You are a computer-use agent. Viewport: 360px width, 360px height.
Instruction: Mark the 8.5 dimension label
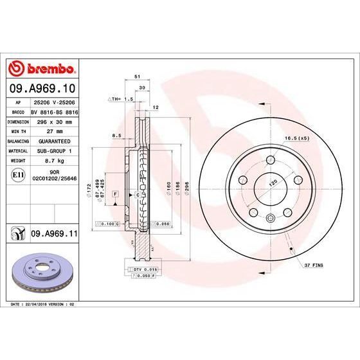pos(116,136)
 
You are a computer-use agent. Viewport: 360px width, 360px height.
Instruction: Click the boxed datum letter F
pos(114,193)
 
